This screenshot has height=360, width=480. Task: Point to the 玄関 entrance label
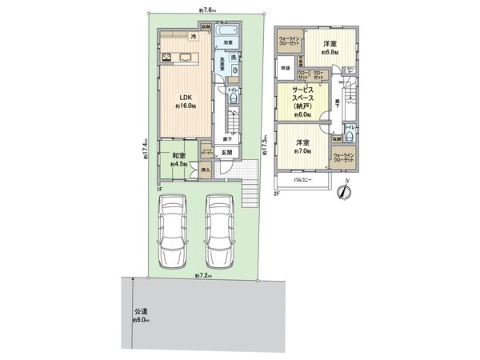pyautogui.click(x=227, y=153)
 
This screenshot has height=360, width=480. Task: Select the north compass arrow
pyautogui.click(x=345, y=192)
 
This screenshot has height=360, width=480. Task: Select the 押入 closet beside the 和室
pyautogui.click(x=205, y=170)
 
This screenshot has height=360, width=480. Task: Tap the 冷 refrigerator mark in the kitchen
pyautogui.click(x=194, y=36)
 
